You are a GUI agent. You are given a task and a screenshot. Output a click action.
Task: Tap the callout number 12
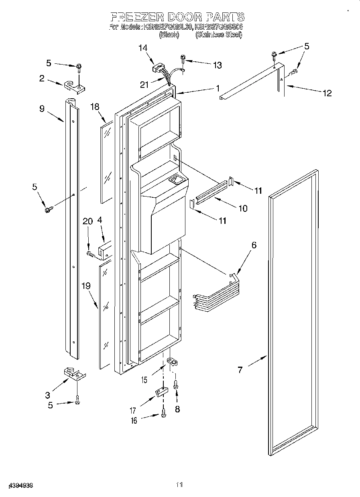(327, 93)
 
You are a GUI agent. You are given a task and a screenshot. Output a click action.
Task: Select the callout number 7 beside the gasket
(240, 370)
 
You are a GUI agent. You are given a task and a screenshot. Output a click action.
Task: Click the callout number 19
(86, 286)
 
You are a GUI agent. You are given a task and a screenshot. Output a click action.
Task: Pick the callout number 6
(254, 245)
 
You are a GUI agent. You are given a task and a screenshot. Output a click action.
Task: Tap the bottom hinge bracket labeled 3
(75, 374)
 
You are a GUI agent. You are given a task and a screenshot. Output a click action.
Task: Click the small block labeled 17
(161, 392)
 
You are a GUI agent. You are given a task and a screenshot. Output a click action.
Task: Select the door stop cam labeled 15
(173, 361)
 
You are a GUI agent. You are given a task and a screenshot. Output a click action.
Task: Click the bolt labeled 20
(91, 254)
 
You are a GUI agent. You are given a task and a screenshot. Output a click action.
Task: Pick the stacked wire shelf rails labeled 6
(213, 297)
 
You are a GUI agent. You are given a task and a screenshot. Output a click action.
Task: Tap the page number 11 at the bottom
(179, 485)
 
